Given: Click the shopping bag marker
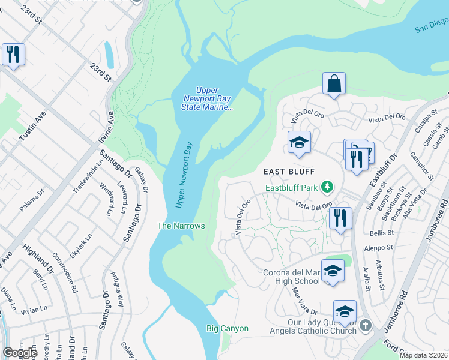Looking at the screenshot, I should pos(334,84).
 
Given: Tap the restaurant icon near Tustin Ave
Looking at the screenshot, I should pos(12,55).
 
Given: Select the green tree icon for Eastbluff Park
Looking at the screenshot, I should pos(327,188).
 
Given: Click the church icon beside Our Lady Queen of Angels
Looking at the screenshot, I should pos(366,326).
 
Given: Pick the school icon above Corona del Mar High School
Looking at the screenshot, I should pos(333,271).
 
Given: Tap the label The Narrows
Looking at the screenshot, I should pos(181,226).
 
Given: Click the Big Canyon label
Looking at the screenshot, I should pos(227,328).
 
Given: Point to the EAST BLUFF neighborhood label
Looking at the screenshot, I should pos(290,172).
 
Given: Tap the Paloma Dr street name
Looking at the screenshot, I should pos(32,201).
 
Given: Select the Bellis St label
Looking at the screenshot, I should pos(381,232).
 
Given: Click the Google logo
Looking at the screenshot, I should pos(20,353).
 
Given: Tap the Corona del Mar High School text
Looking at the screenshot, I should pos(291,277).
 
